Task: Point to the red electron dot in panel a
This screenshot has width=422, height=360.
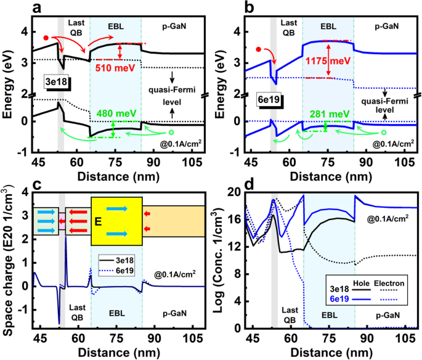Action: click(46, 38)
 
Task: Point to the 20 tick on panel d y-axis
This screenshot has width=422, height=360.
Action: click(234, 192)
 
